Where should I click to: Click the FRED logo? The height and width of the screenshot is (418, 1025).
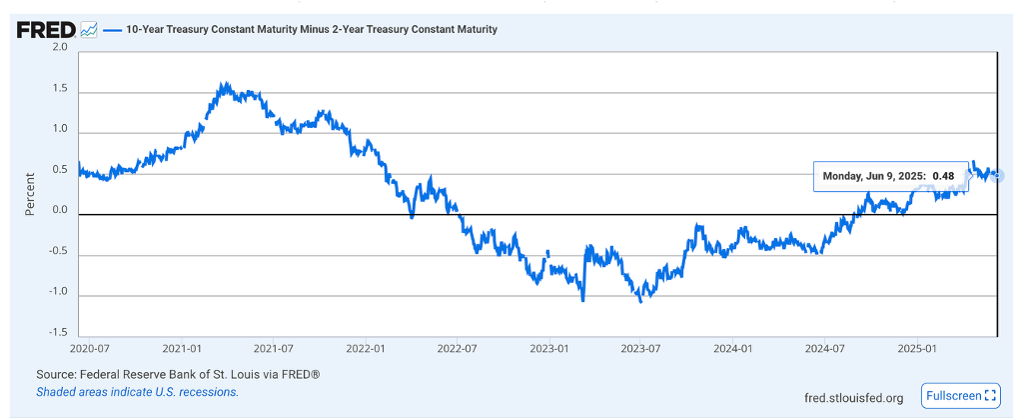coord(45,29)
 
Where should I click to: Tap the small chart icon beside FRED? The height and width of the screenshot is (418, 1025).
coord(88,29)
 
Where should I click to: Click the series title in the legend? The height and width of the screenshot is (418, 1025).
coord(311,29)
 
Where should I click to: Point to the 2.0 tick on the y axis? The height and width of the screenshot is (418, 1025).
coord(59,48)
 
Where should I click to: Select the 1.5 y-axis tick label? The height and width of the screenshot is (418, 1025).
coord(59,90)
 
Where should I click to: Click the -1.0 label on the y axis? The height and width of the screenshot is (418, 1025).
coord(57,293)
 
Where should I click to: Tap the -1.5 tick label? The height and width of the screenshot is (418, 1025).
coord(57,333)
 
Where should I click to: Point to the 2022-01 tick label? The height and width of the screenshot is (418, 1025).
coord(365,349)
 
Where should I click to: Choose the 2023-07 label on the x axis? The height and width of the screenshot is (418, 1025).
coord(640,349)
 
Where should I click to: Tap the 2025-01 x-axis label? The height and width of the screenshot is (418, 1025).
coord(916,349)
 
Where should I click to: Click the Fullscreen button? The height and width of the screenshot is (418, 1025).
coord(960,396)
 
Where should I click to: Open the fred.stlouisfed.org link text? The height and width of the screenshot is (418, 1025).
coord(853,398)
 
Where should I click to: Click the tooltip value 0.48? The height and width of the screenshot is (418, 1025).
coord(943,176)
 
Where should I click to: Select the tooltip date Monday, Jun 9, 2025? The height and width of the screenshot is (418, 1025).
coord(873,176)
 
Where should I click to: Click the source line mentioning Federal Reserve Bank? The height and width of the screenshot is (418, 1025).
coord(178,374)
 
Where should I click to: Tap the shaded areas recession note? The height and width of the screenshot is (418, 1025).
coord(138,392)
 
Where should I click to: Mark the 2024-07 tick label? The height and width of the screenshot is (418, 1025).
coord(824,349)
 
